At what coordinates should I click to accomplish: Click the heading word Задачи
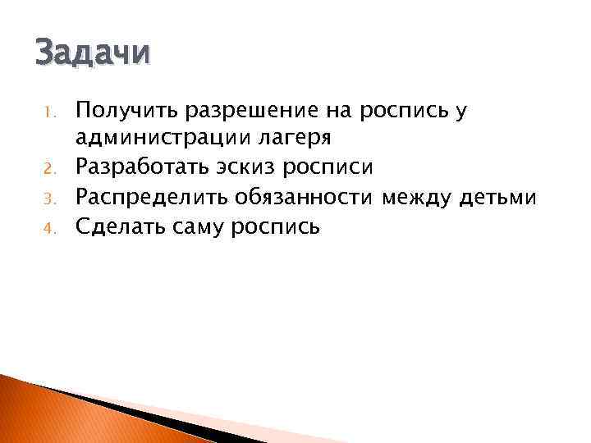(x=93, y=53)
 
